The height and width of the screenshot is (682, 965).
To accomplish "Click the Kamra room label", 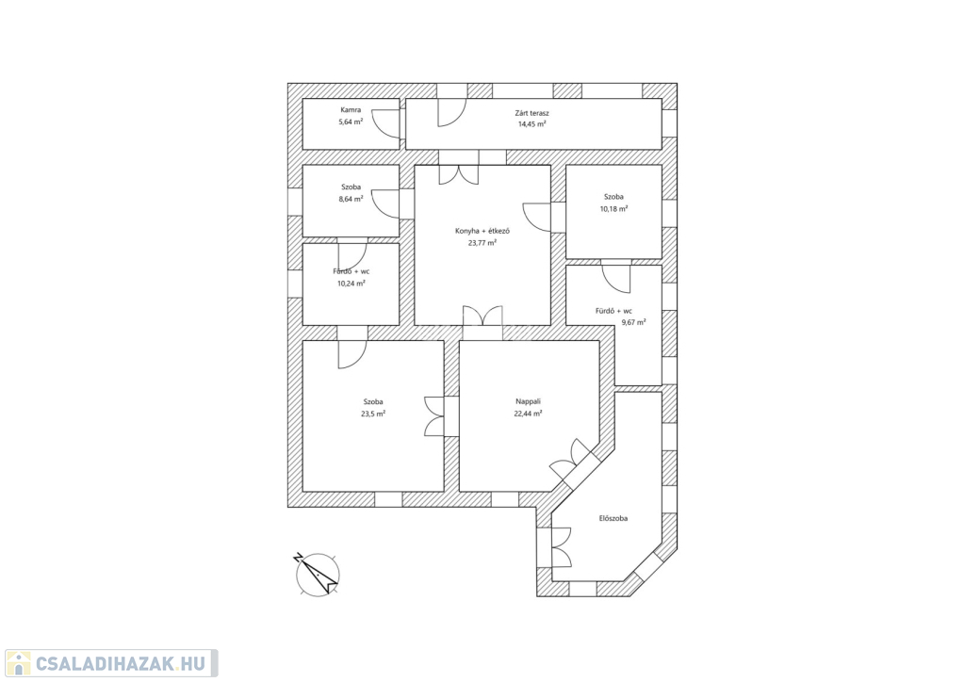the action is (351, 110).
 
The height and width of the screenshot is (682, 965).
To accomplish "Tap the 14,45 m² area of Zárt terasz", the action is (532, 124).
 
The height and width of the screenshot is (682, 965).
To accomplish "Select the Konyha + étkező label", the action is (482, 231).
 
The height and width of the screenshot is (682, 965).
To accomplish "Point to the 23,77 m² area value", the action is (482, 243).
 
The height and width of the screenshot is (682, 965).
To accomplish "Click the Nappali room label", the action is (528, 401).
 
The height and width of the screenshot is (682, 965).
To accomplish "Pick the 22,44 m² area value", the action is (528, 414).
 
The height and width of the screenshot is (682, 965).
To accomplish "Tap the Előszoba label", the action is (613, 518).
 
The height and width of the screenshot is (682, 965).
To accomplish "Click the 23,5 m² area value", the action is (373, 414).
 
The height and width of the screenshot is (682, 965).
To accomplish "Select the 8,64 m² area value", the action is (351, 199).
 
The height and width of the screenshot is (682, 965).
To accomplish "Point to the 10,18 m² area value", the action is (613, 209).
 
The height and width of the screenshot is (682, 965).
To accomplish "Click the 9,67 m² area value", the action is (633, 322).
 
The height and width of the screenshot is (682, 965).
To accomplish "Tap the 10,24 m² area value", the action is (351, 284).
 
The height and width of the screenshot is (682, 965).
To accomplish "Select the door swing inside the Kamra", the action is (386, 123).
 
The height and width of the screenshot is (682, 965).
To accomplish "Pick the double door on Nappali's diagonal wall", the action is (572, 460).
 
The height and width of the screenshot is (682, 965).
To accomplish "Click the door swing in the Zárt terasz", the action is (451, 112).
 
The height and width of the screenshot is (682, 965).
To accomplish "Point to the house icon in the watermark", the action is (19, 663).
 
